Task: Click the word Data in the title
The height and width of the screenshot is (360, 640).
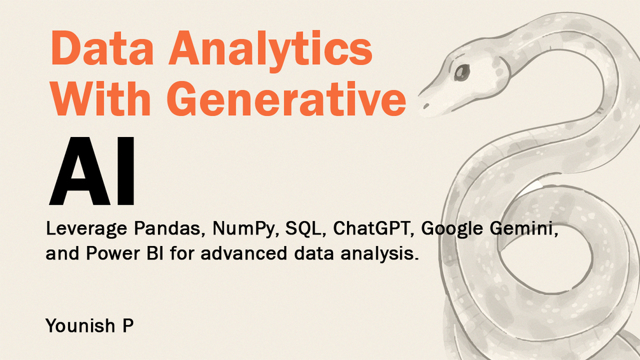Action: pyautogui.click(x=102, y=48)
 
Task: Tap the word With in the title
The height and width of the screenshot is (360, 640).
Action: pyautogui.click(x=101, y=98)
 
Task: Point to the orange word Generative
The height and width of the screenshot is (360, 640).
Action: pyautogui.click(x=286, y=98)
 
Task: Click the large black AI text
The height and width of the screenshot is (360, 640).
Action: pyautogui.click(x=92, y=171)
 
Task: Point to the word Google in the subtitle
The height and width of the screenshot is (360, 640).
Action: pyautogui.click(x=452, y=229)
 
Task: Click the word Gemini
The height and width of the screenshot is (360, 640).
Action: pyautogui.click(x=525, y=229)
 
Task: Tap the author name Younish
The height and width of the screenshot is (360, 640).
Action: pyautogui.click(x=81, y=326)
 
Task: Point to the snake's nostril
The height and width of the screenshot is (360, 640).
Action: pyautogui.click(x=426, y=106)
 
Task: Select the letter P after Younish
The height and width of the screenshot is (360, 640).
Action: pyautogui.click(x=128, y=326)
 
